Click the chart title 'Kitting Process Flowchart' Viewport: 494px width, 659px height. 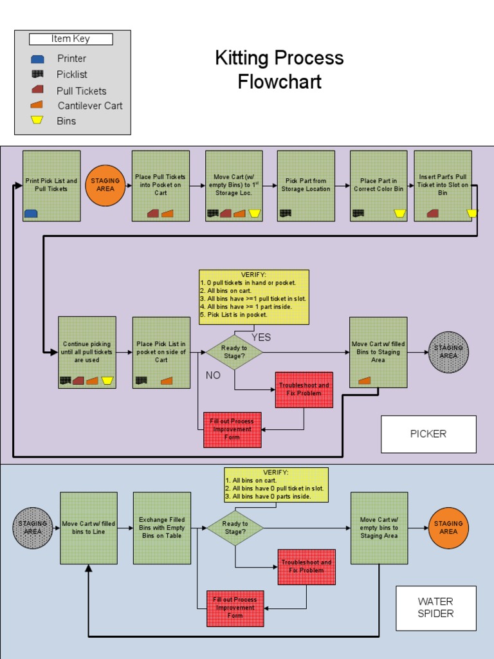pyautogui.click(x=279, y=70)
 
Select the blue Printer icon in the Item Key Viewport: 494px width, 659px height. pyautogui.click(x=37, y=59)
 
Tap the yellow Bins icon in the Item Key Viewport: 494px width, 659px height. pyautogui.click(x=37, y=120)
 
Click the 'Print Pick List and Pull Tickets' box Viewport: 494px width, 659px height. pyautogui.click(x=51, y=186)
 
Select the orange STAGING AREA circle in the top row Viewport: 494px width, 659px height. pyautogui.click(x=105, y=185)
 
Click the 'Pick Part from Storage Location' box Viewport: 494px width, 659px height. pyautogui.click(x=306, y=186)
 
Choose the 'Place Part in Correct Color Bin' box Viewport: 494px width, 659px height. pyautogui.click(x=378, y=186)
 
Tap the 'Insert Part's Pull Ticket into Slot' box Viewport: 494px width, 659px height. pyautogui.click(x=443, y=186)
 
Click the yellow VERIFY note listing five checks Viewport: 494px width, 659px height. pyautogui.click(x=253, y=297)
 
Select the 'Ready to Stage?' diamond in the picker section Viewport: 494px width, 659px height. pyautogui.click(x=234, y=352)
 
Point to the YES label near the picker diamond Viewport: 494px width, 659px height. pyautogui.click(x=261, y=337)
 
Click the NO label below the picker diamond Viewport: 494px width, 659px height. pyautogui.click(x=213, y=375)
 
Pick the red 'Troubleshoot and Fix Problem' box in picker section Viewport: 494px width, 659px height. pyautogui.click(x=304, y=389)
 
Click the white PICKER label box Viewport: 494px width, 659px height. pyautogui.click(x=428, y=434)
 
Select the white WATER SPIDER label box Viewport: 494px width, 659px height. pyautogui.click(x=435, y=608)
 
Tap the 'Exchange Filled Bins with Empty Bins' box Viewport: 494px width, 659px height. pyautogui.click(x=162, y=528)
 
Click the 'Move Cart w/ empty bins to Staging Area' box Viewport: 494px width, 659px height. pyautogui.click(x=379, y=528)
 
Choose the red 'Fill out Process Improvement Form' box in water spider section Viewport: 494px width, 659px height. pyautogui.click(x=235, y=608)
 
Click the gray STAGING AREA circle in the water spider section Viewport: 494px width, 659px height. pyautogui.click(x=33, y=528)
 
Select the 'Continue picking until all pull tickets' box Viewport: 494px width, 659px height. pyautogui.click(x=87, y=352)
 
